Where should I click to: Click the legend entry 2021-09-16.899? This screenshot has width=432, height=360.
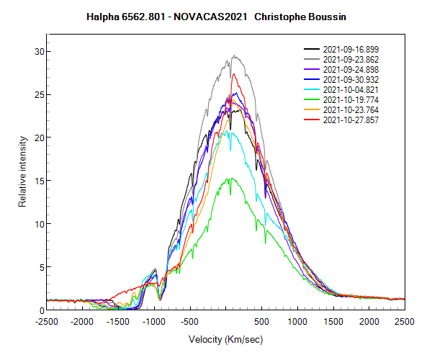[351, 49]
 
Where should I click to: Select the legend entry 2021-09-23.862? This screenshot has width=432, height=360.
[351, 59]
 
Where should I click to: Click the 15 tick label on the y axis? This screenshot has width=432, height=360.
[39, 181]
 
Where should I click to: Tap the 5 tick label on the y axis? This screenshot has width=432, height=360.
[41, 267]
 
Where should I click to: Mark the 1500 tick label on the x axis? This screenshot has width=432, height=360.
[333, 321]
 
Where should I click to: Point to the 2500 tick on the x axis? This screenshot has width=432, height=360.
[404, 321]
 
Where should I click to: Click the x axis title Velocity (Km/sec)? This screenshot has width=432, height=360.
[225, 339]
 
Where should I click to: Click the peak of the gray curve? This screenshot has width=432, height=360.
[233, 55]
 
